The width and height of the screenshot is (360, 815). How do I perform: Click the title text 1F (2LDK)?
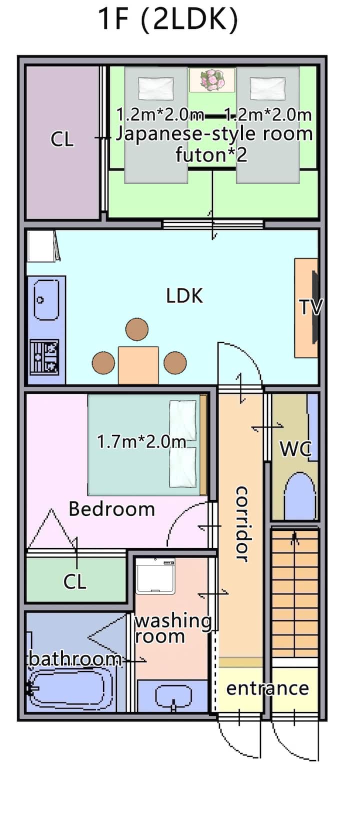pos(168,20)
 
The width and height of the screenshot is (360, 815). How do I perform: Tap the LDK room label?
pos(184,296)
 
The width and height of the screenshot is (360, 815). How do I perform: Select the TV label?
pos(311,307)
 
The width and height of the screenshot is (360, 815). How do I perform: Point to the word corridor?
pos(242,524)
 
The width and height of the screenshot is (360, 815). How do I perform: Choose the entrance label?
pos(267,688)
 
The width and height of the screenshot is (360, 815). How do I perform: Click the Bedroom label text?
pos(111,508)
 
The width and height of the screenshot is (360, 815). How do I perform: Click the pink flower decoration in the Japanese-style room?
pos(212,80)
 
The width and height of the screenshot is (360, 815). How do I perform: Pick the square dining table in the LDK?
pos(138,365)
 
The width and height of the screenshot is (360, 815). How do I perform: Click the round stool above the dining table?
pos(137,329)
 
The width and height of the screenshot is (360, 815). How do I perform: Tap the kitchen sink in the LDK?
pos(46,299)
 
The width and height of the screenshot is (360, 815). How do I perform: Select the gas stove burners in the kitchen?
pos(44,357)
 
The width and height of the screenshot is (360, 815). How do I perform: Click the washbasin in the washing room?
pos(173,695)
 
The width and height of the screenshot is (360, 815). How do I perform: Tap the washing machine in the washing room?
pos(155,576)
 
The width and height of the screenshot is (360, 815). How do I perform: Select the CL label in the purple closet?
pos(62,139)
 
